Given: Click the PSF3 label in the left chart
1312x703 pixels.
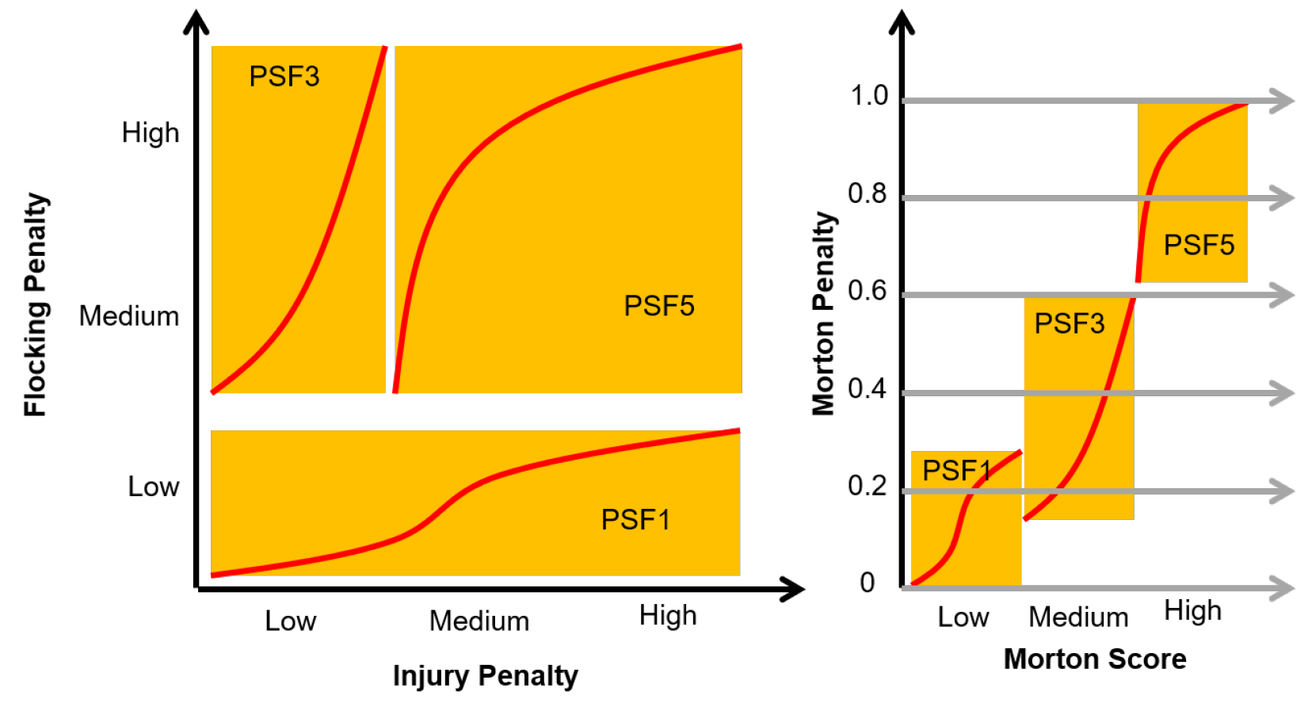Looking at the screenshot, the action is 284,76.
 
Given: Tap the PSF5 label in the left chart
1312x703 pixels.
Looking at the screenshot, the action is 659,305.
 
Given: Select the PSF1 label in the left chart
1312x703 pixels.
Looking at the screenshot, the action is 635,520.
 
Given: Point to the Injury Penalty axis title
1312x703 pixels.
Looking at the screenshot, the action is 485,676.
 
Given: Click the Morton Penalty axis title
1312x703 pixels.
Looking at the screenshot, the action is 823,314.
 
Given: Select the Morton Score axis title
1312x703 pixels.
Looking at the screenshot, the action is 1095,659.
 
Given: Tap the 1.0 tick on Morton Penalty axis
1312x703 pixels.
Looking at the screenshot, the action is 868,95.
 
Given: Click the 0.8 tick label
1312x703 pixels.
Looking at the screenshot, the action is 868,193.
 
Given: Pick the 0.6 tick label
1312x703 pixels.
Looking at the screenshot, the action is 868,291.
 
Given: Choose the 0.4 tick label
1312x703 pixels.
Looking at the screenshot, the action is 868,388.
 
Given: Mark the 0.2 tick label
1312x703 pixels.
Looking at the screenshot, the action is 868,486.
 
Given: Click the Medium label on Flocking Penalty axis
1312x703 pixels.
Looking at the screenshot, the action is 129,316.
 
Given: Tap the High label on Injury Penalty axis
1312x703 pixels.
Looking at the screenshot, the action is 668,616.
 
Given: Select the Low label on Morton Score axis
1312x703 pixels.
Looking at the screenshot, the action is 963,617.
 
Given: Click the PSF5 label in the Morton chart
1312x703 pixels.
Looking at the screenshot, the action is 1199,245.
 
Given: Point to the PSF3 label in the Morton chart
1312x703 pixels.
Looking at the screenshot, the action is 1070,323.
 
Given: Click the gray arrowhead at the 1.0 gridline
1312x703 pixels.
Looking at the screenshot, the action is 1282,101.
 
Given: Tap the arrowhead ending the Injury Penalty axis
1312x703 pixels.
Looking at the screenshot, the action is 794,589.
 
